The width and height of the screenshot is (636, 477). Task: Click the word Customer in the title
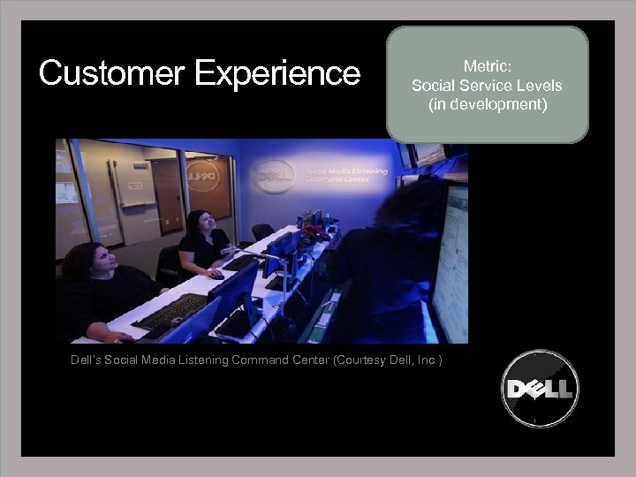(112, 73)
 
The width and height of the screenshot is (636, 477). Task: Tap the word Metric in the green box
(486, 66)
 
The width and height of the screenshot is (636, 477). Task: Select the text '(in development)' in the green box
(487, 104)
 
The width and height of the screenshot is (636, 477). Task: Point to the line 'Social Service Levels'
(487, 86)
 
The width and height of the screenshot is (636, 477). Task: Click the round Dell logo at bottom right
(540, 389)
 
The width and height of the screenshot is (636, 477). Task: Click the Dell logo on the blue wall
(274, 176)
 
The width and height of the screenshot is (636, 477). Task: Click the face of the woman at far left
(98, 261)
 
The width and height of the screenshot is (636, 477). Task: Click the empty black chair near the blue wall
(262, 231)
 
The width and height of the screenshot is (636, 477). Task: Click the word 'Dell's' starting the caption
(88, 360)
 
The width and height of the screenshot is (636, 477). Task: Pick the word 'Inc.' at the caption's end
(429, 360)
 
